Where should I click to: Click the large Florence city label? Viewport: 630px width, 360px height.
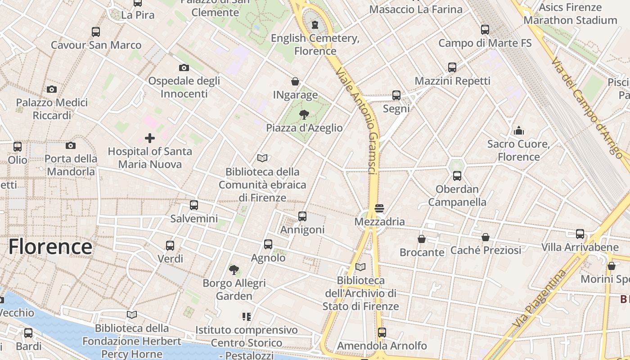pos(50,247)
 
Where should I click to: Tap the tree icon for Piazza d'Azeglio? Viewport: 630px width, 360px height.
pos(304,114)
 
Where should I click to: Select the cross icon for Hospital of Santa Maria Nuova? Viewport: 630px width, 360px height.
pos(150,138)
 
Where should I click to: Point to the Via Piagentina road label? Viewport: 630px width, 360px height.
pos(539,298)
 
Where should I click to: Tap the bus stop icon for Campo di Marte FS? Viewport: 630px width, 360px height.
pos(485,30)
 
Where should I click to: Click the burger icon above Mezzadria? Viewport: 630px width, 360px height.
pos(379,208)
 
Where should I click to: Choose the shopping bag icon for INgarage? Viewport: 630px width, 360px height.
pos(295,81)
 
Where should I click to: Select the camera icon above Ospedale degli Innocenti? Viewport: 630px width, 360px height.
pos(184,67)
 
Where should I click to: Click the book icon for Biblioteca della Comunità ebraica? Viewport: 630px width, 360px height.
pos(262,158)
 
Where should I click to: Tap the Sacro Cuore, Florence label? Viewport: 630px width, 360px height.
pos(519,150)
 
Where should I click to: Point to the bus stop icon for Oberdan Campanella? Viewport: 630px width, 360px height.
pos(457,175)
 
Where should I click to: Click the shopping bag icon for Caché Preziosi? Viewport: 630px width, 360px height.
pos(486,237)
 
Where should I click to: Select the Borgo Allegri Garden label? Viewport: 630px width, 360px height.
pos(234,289)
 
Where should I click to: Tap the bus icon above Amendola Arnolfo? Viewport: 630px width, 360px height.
pos(382,332)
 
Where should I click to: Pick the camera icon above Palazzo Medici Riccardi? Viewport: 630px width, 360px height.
pos(52,89)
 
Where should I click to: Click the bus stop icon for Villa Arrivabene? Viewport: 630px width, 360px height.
pos(580,234)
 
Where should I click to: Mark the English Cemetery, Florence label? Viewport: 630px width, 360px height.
pos(315,45)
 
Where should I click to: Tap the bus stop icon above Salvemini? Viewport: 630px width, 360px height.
pos(194,205)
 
